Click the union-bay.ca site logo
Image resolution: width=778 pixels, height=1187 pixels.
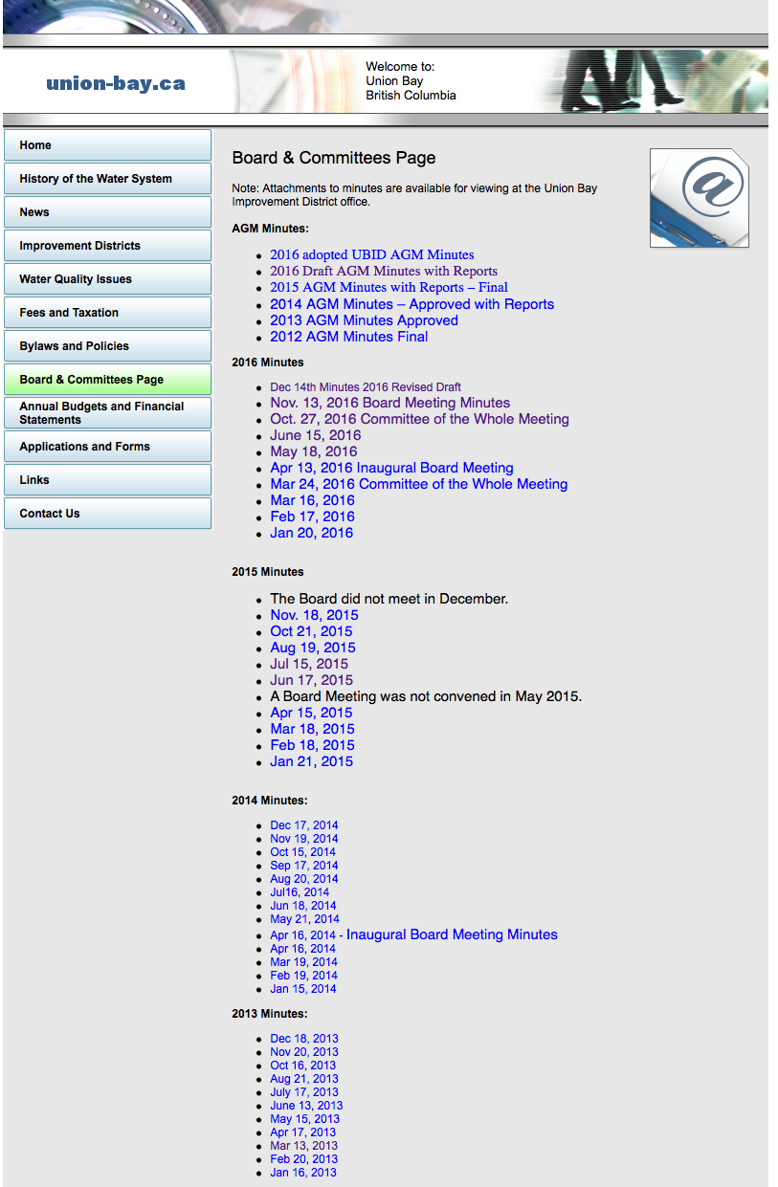click(x=116, y=84)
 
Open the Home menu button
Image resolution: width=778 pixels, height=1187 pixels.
click(x=107, y=145)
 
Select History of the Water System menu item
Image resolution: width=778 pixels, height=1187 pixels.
click(x=107, y=179)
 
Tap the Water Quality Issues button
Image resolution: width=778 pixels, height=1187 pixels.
click(x=107, y=279)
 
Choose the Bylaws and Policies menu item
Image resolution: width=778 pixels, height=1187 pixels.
click(x=107, y=346)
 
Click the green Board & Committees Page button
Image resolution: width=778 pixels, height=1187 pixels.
click(x=107, y=380)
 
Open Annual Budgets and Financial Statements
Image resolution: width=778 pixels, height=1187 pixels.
click(x=107, y=413)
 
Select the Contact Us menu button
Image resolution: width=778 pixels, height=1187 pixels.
click(x=107, y=514)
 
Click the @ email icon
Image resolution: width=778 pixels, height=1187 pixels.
click(x=699, y=198)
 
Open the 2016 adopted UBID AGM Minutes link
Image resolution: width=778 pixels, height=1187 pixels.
click(x=371, y=255)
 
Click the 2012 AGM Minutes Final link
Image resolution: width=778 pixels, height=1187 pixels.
click(x=348, y=337)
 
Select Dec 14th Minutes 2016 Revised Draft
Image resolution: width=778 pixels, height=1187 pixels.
click(x=366, y=387)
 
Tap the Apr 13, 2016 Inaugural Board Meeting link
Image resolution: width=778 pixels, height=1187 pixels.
click(x=391, y=468)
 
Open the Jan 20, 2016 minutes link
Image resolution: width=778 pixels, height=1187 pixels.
click(x=311, y=533)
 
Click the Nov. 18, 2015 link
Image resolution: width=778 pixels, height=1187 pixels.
click(x=314, y=615)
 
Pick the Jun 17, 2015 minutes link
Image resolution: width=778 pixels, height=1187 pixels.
click(x=311, y=680)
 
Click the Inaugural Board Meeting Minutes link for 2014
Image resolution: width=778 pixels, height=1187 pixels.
click(x=452, y=934)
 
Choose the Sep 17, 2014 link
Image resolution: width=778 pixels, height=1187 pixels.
click(x=303, y=866)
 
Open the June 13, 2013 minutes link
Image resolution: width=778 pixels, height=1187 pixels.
click(x=306, y=1106)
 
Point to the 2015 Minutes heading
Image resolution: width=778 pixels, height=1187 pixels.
click(x=268, y=572)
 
